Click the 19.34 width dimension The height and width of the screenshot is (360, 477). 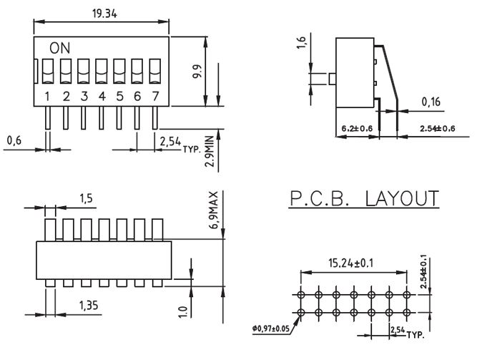pyautogui.click(x=104, y=14)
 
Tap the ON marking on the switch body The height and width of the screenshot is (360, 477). pyautogui.click(x=59, y=48)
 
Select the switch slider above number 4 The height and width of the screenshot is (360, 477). pyautogui.click(x=102, y=72)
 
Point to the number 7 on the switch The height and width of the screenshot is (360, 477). pyautogui.click(x=155, y=96)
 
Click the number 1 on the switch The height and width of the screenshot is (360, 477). pyautogui.click(x=47, y=96)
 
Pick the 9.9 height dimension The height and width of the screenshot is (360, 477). pyautogui.click(x=197, y=72)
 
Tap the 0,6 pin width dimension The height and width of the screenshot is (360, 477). pyautogui.click(x=14, y=140)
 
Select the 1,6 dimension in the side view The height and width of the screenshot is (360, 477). pyautogui.click(x=300, y=43)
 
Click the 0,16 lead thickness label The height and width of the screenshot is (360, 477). pyautogui.click(x=431, y=102)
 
